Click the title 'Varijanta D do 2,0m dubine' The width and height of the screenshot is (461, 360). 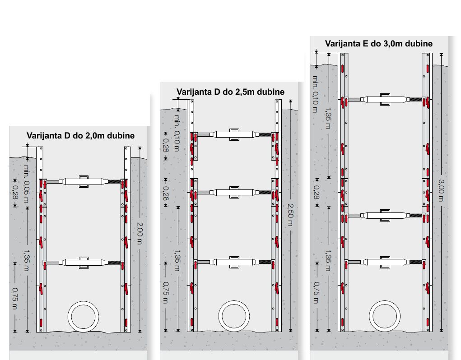[x=80, y=136]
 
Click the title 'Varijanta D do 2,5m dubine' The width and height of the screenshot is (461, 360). [x=230, y=92]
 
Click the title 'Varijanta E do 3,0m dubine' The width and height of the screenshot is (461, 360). [x=379, y=44]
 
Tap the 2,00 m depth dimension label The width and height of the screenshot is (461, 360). [x=140, y=233]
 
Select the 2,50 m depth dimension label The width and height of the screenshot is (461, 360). [x=290, y=215]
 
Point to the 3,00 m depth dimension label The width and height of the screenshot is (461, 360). [x=441, y=190]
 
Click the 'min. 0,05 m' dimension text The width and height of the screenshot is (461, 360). [x=27, y=184]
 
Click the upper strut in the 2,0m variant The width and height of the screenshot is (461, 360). [x=84, y=181]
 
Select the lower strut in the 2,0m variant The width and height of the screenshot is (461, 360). [x=84, y=263]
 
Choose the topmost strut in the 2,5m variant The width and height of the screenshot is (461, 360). [x=234, y=134]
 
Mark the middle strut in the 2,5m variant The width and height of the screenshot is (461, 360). [x=234, y=192]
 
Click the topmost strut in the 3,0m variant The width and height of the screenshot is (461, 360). [x=385, y=100]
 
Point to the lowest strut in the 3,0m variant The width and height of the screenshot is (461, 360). [x=385, y=262]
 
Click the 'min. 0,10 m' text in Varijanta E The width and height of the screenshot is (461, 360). [x=315, y=94]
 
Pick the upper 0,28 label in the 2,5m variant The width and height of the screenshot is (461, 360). [x=166, y=145]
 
